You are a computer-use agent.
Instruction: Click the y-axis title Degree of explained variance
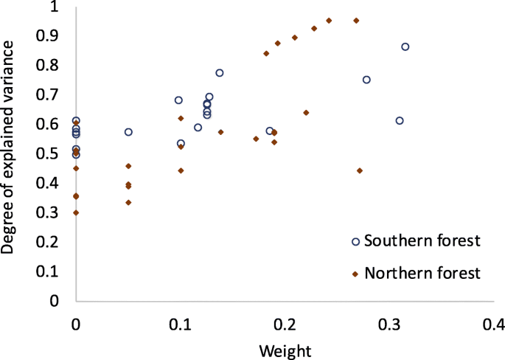[9, 148]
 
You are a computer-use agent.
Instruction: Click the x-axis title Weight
[285, 349]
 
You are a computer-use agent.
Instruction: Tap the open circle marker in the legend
[355, 242]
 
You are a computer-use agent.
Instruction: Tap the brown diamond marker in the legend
[355, 274]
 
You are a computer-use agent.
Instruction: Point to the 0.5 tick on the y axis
[53, 153]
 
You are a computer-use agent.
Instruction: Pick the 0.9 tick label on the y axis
[53, 35]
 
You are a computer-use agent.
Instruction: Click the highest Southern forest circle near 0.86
[405, 46]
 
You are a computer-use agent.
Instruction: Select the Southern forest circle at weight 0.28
[366, 80]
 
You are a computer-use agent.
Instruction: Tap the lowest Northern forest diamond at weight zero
[76, 212]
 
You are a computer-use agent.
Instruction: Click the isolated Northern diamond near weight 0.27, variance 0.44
[359, 170]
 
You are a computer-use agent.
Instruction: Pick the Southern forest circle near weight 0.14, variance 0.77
[220, 73]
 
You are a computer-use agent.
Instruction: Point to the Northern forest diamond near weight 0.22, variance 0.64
[306, 113]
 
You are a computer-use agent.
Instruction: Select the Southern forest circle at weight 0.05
[128, 132]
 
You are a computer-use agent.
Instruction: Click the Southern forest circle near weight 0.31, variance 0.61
[400, 121]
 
